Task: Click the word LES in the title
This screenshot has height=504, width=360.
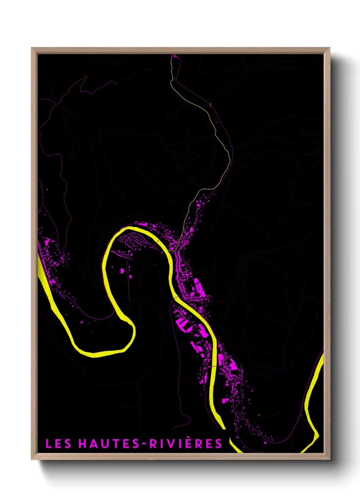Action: pos(58,444)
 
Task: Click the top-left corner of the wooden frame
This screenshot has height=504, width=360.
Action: pos(32,48)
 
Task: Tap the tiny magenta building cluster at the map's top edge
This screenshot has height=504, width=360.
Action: pos(176,56)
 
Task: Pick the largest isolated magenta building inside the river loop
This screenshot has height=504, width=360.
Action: pos(122,270)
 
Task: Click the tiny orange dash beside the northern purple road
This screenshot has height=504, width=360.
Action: pos(211,105)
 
